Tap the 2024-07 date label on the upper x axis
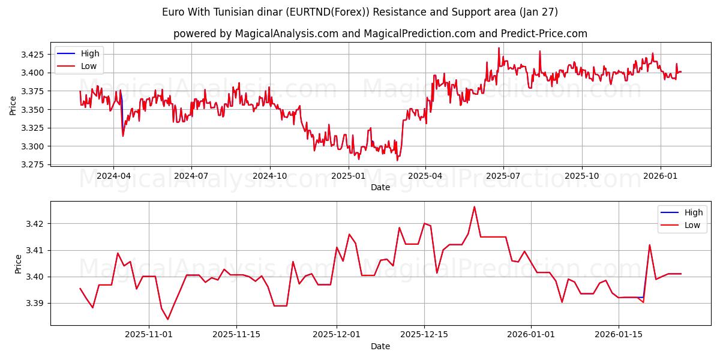pos(191,176)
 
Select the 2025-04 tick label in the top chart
pos(425,176)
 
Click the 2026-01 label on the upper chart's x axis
pos(660,176)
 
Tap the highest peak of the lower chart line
pos(474,207)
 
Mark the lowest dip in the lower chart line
pos(168,319)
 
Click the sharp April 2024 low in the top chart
pos(123,136)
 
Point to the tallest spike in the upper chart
pos(499,48)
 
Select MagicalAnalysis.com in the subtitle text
pos(287,34)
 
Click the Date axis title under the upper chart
pos(380,187)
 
